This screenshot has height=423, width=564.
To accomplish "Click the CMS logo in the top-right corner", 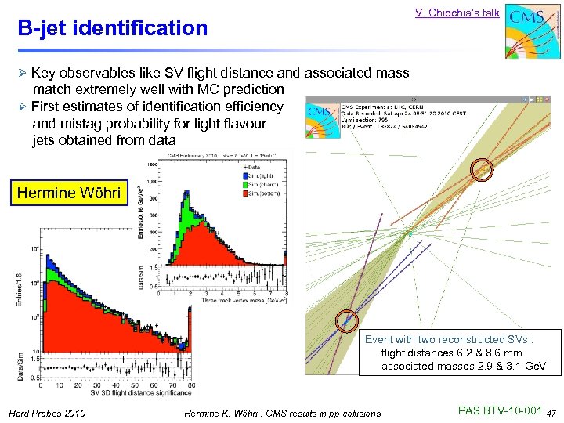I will pyautogui.click(x=530, y=31).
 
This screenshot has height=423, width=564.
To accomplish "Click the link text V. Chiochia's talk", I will pyautogui.click(x=457, y=13).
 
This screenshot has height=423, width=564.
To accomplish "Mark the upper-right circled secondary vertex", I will pyautogui.click(x=482, y=168).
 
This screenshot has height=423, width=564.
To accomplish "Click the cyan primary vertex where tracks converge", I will pyautogui.click(x=407, y=233).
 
